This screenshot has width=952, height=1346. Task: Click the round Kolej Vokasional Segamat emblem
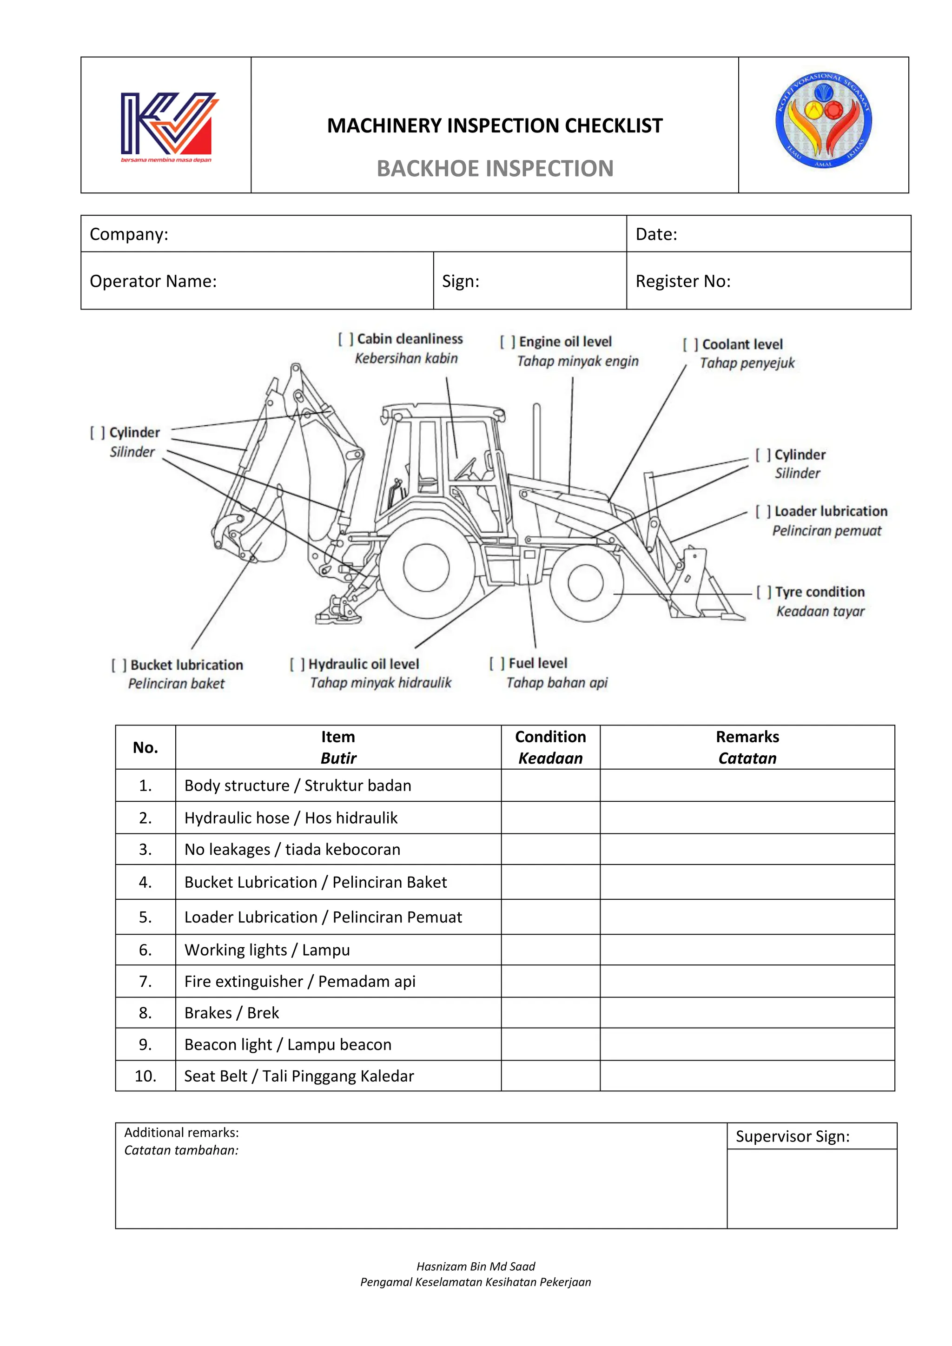823,121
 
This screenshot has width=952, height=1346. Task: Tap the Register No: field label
683,281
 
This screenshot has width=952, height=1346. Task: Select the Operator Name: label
153,281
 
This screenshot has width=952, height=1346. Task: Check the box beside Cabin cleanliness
346,339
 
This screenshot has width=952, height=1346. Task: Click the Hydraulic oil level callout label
364,664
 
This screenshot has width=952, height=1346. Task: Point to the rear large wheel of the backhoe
426,567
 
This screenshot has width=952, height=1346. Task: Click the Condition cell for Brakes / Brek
550,1012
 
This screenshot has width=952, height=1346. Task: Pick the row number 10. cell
145,1076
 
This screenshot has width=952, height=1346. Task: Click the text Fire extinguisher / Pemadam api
299,981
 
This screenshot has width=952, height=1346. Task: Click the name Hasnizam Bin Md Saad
476,1266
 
